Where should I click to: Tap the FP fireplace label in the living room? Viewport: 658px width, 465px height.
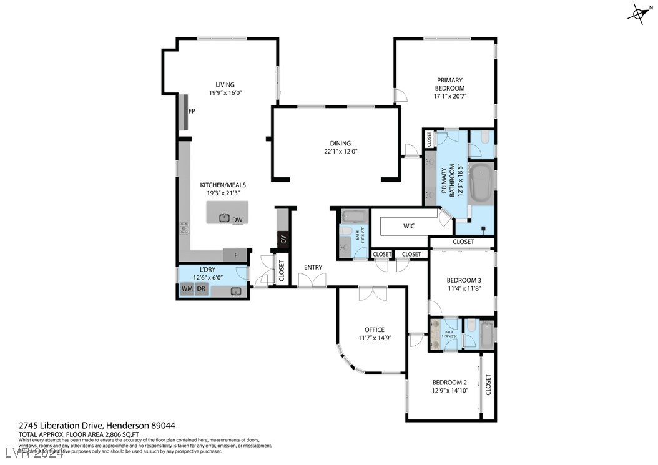point(192,111)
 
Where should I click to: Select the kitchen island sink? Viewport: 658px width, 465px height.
point(224,218)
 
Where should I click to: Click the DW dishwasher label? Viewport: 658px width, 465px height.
point(237,220)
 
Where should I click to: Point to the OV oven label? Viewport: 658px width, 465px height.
point(283,240)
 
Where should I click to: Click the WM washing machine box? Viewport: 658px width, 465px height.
point(187,289)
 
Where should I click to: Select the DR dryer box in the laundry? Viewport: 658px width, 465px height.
point(201,289)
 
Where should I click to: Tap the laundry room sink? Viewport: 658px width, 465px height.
point(236,291)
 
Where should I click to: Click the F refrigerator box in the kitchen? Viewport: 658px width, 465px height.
point(235,255)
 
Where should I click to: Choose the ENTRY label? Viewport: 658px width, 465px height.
point(313,268)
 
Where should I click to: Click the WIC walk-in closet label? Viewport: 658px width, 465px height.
point(409,226)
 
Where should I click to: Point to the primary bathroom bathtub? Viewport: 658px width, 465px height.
point(481,182)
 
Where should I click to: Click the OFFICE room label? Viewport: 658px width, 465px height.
point(375,330)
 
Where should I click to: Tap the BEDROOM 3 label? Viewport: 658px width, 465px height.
point(464,280)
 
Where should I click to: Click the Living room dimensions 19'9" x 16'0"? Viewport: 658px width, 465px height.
point(225,93)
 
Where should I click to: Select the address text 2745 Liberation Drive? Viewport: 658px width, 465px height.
point(61,425)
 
